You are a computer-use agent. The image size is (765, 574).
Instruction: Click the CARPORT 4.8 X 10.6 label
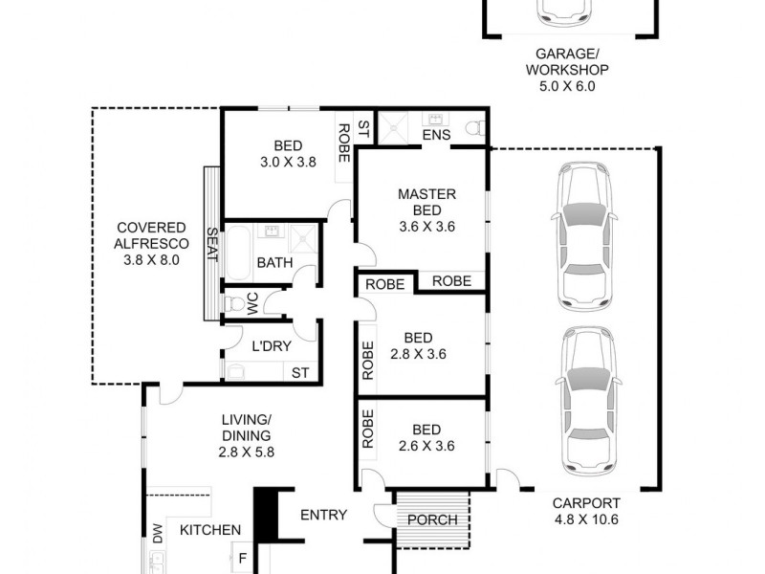coord(586,511)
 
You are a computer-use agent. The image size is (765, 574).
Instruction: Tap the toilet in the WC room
coord(234,304)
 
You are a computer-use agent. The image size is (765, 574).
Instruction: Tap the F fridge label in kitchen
coord(243,557)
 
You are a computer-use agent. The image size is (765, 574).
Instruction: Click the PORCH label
coord(432,520)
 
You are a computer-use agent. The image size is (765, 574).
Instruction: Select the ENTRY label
coord(323,515)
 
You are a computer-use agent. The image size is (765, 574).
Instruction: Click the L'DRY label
coord(271,346)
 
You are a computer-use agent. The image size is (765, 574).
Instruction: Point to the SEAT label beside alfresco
coord(213,245)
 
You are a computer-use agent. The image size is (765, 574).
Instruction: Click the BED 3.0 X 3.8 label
coord(288,154)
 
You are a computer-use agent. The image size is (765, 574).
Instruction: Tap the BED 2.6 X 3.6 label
coord(426,437)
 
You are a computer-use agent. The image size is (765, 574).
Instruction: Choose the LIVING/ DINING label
coord(248,436)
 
